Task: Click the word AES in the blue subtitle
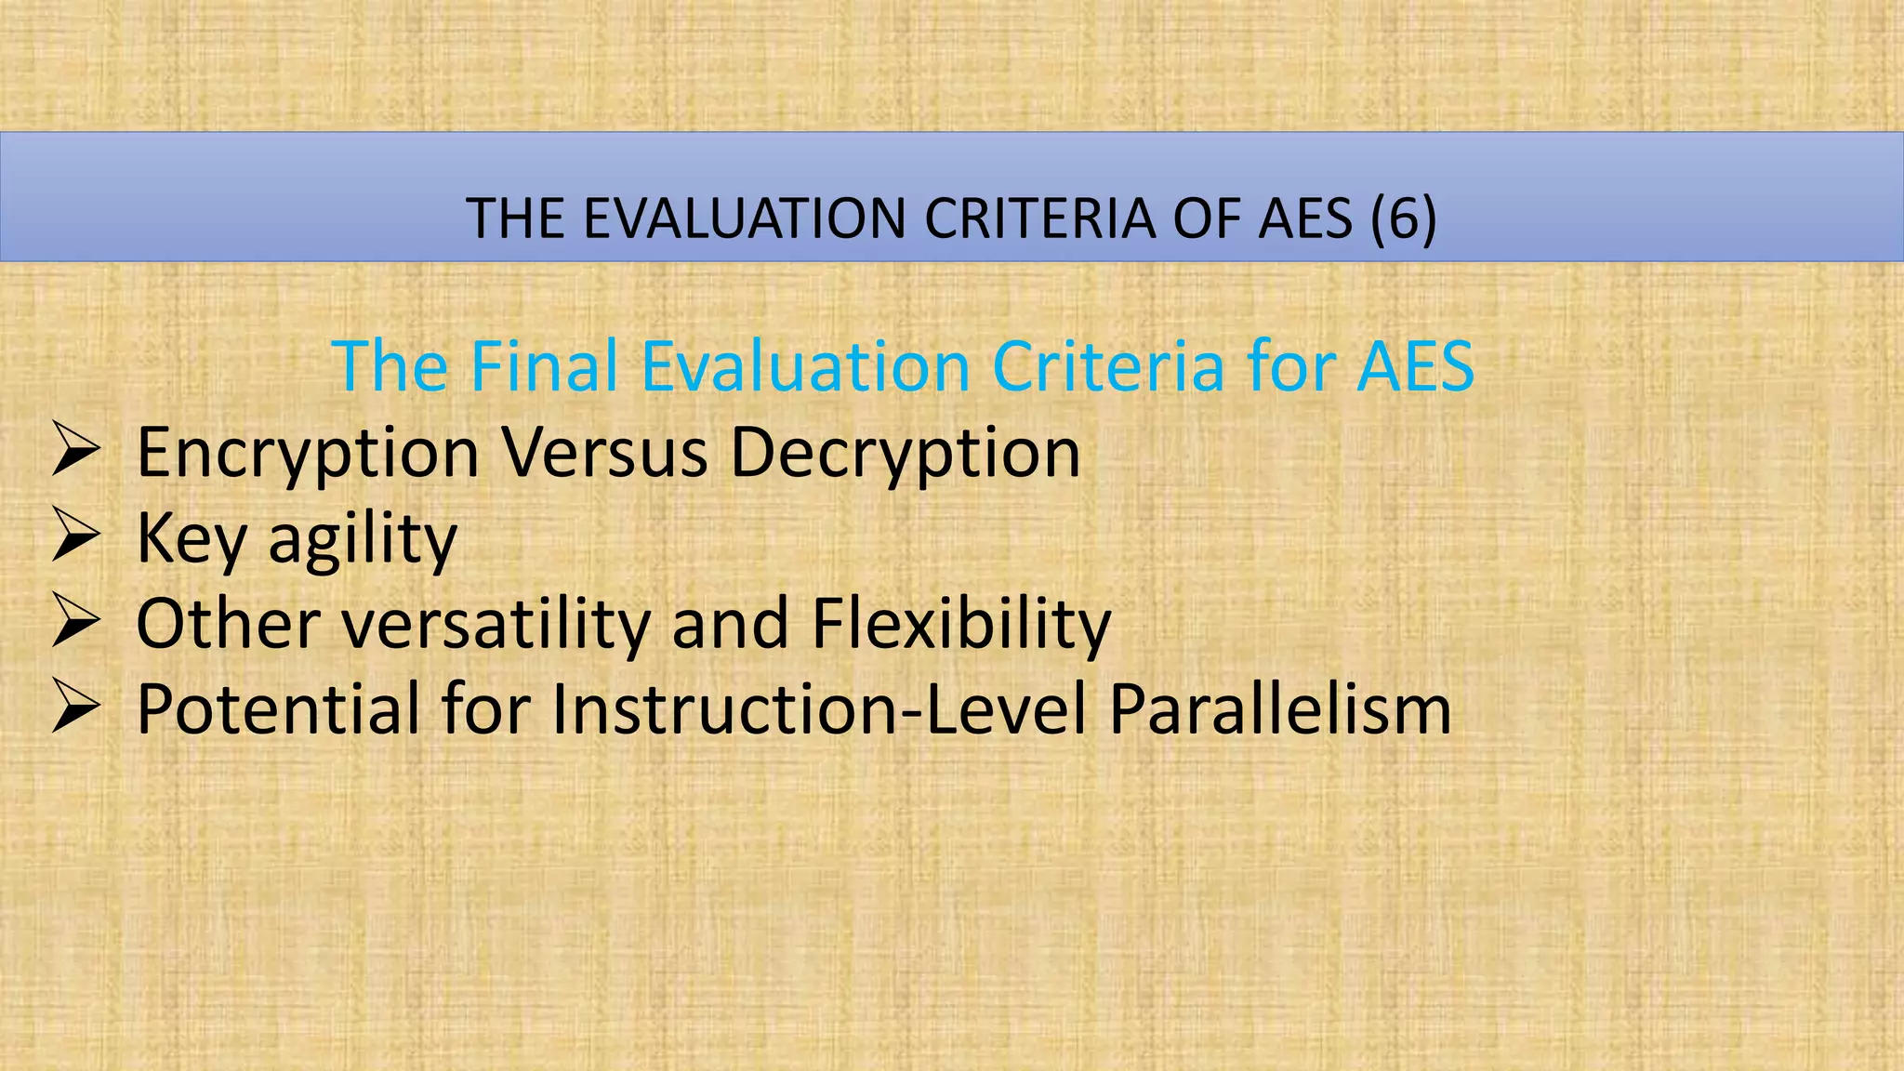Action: click(1415, 366)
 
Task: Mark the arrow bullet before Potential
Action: click(75, 707)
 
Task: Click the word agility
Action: click(363, 539)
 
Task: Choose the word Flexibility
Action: click(961, 623)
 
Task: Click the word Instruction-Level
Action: click(819, 709)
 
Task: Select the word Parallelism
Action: click(1280, 709)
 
